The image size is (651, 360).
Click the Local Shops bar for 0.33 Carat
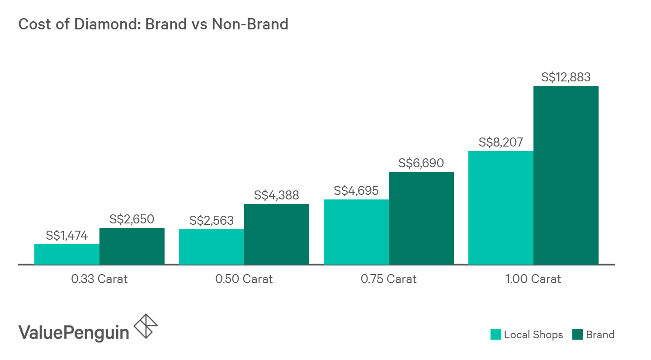coord(67,254)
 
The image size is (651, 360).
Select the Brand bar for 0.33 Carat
coord(132,246)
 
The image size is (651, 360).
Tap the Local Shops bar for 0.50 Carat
coord(212,247)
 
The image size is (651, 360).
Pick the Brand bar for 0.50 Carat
coord(277,234)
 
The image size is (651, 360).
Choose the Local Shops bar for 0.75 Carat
coord(356,232)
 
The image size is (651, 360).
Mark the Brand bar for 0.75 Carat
coord(421,218)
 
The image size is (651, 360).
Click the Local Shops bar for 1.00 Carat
coord(501,208)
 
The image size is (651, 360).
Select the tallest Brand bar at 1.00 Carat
coord(566,175)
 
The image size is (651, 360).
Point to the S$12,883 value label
coord(566,77)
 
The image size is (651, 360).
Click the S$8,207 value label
coord(501,143)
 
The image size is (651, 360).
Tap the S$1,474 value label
coord(67,236)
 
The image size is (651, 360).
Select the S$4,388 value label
coord(277,195)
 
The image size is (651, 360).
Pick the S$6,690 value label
coord(421,163)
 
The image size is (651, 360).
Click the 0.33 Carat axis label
coord(99,279)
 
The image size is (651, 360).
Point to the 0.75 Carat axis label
coord(389,279)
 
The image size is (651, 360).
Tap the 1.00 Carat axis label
coord(533,279)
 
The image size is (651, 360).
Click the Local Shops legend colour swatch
coord(496,335)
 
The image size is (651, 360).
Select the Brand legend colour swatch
coord(577,335)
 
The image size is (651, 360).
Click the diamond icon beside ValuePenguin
coord(146,326)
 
